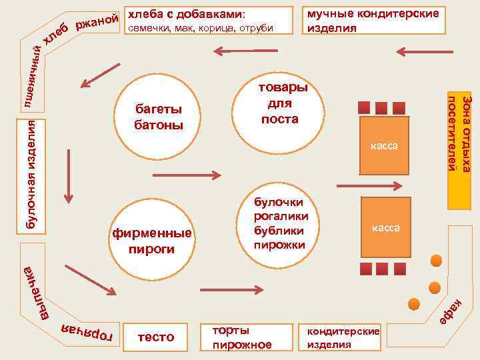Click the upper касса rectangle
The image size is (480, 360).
385,145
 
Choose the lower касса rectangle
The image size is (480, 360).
385,228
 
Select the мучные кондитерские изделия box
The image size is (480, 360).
373,21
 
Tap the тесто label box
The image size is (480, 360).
155,337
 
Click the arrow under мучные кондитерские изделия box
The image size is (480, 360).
418,51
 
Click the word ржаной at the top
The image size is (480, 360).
97,24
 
